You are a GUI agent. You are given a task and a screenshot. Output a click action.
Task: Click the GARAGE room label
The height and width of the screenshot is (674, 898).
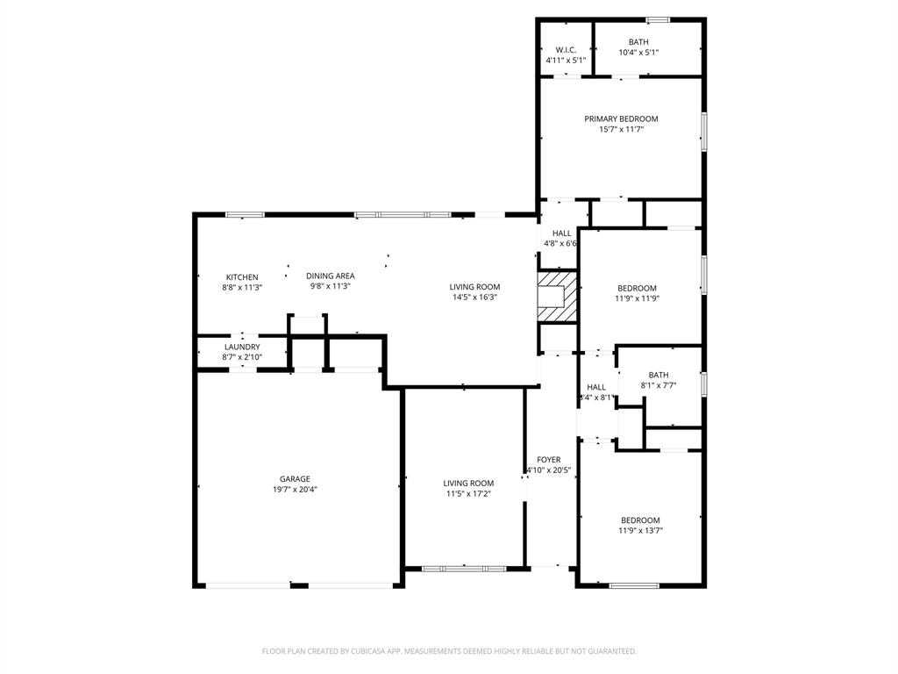295,479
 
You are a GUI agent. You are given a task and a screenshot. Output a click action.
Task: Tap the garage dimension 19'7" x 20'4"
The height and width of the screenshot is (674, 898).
295,490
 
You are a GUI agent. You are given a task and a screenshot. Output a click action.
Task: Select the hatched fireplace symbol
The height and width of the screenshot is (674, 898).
558,297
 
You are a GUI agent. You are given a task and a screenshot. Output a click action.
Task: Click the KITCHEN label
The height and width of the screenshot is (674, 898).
242,277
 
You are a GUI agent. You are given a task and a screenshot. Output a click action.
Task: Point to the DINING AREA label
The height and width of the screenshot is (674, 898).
331,276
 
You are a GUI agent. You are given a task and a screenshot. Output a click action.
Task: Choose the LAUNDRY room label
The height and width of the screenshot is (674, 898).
241,348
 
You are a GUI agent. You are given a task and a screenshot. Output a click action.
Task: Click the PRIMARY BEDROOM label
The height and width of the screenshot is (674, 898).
621,119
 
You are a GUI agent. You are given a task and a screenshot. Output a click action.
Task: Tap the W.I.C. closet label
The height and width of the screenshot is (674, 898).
565,50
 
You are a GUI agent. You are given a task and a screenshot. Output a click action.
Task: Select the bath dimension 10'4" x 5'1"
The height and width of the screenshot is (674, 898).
638,53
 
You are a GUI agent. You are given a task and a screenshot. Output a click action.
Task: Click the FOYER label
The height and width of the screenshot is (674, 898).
548,460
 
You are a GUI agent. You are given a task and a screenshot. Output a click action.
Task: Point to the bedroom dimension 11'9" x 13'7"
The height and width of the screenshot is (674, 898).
640,530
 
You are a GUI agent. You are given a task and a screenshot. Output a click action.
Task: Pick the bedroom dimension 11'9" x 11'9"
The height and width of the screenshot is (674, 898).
637,298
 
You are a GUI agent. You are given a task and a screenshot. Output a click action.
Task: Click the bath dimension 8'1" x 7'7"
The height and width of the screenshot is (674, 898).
658,385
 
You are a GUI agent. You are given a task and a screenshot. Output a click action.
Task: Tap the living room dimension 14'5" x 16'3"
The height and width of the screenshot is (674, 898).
474,298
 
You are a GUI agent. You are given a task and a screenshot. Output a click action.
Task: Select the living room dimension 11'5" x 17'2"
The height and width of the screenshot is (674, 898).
467,493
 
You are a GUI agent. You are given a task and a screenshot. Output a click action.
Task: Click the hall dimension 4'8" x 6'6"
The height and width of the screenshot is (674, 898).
561,243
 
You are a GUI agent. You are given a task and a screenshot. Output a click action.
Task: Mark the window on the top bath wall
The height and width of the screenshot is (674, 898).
658,19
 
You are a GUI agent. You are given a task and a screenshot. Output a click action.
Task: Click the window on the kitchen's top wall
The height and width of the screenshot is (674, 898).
245,215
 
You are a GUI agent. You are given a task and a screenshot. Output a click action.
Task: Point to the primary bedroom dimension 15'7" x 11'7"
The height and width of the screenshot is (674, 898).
621,130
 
